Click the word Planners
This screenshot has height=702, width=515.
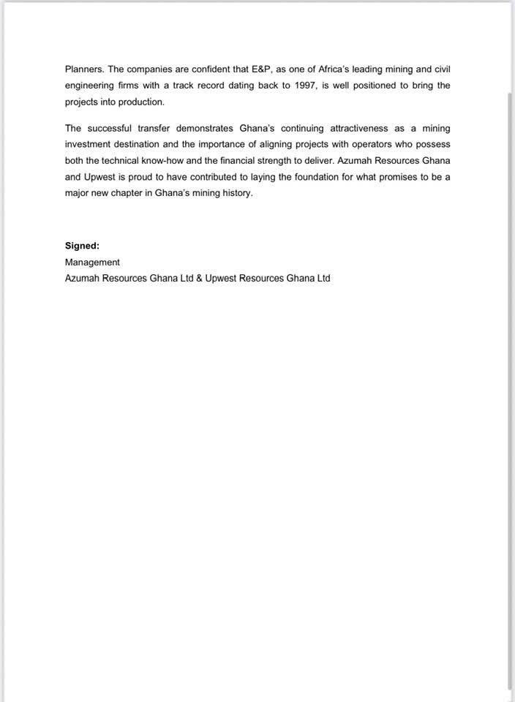(x=83, y=69)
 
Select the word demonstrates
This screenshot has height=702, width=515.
(x=204, y=128)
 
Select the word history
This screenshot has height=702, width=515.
(x=236, y=193)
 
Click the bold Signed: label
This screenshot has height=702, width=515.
(x=82, y=246)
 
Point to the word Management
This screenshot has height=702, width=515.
(x=92, y=262)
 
